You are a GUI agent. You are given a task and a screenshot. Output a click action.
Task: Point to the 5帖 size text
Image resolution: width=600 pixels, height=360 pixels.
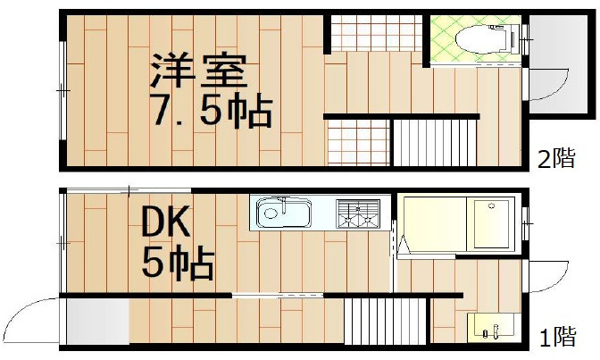(177, 263)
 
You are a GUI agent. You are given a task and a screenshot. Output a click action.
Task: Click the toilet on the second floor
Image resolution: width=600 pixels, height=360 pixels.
(479, 38)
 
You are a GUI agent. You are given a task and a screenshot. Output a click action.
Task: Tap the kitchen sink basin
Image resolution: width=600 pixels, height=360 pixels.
(283, 214)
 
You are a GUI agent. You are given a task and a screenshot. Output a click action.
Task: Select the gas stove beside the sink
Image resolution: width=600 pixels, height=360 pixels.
(358, 215)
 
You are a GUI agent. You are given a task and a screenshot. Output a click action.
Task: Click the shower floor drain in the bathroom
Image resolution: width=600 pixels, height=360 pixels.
(489, 207)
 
